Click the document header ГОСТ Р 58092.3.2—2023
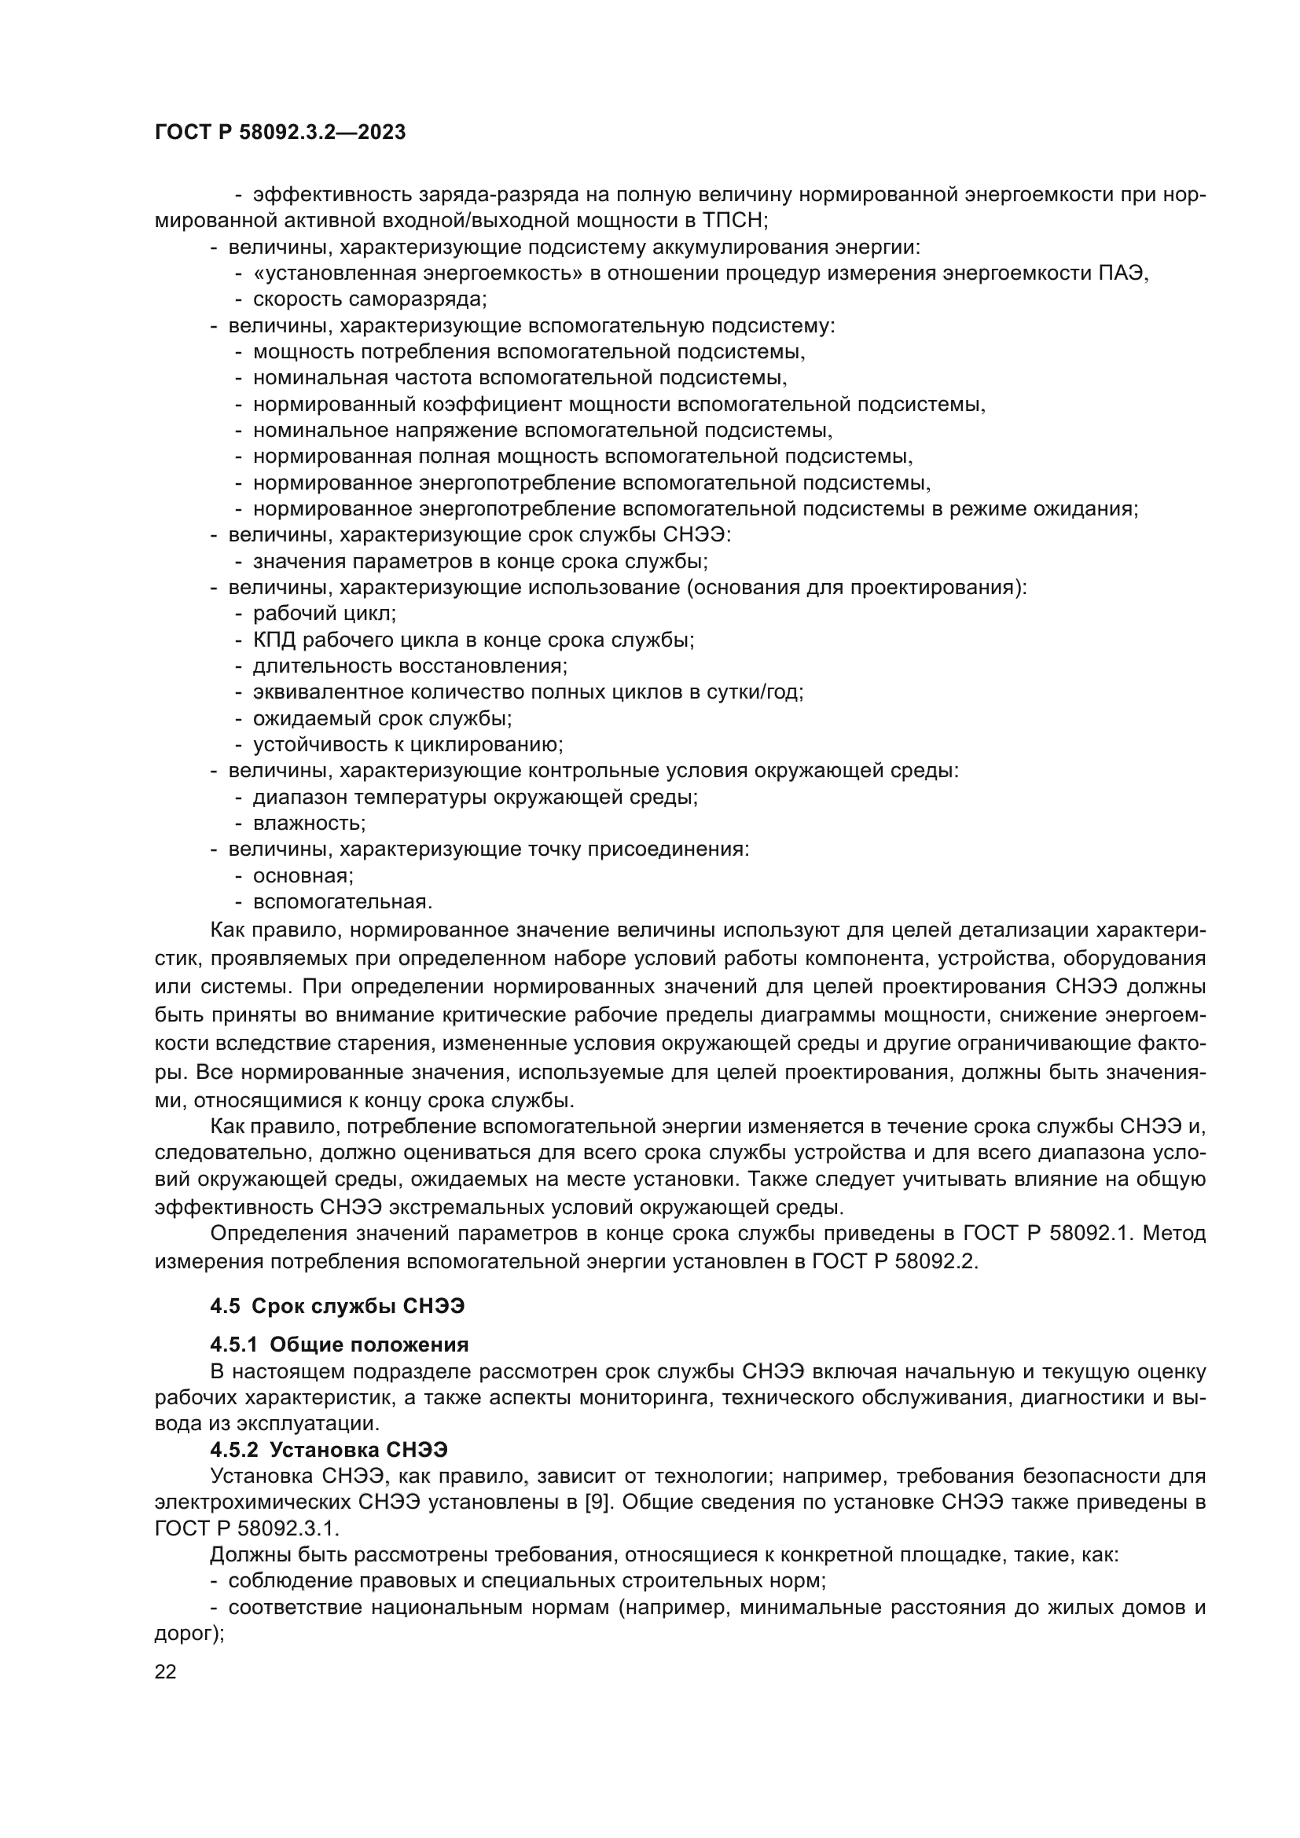(x=280, y=132)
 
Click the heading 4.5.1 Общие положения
(x=340, y=1344)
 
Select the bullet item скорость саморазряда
(x=369, y=299)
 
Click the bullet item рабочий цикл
(x=323, y=613)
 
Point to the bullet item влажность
(x=308, y=823)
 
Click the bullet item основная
(x=303, y=875)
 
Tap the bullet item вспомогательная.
(x=342, y=901)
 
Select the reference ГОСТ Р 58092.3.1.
(x=247, y=1528)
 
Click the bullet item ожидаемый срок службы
(x=382, y=718)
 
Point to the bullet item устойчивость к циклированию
(x=407, y=744)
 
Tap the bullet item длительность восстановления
(x=409, y=666)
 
